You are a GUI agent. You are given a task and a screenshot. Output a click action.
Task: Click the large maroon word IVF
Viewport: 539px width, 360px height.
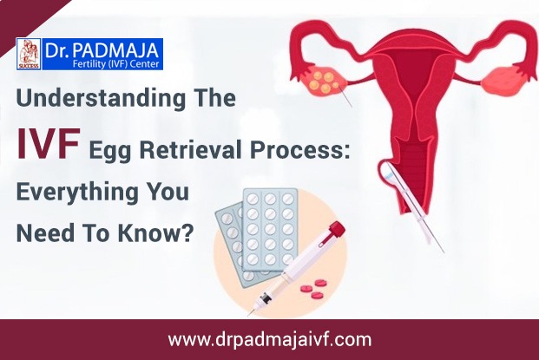click(48, 143)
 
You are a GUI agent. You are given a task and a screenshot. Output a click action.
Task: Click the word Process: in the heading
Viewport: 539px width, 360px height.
click(299, 150)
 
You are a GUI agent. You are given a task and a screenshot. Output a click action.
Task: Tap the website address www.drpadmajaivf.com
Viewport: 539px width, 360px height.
click(270, 340)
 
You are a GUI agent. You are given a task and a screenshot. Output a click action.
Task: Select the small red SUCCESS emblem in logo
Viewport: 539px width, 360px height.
click(29, 54)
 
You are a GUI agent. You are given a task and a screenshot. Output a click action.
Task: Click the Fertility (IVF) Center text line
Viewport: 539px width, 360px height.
click(118, 64)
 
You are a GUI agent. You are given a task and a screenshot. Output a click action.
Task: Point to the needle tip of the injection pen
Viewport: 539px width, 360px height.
click(249, 314)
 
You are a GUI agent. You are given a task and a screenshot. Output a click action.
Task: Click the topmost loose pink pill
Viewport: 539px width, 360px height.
click(321, 283)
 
